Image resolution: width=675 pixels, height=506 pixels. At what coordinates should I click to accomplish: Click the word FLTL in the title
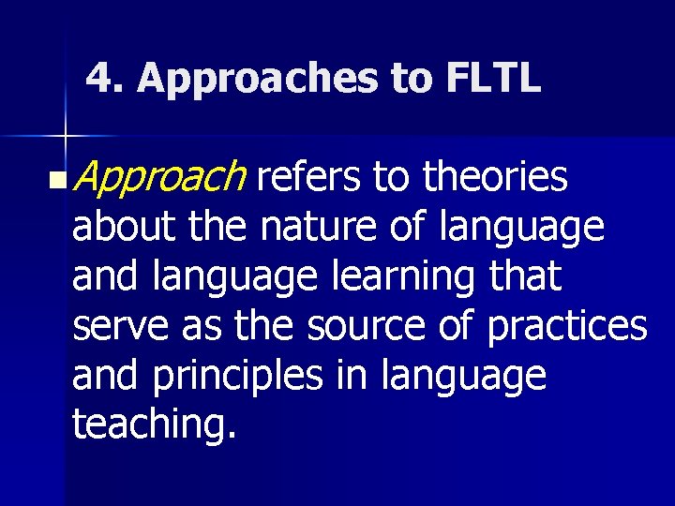click(493, 79)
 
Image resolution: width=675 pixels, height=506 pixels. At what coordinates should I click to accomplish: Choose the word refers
click(308, 176)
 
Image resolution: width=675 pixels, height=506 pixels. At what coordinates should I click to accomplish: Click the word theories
click(495, 176)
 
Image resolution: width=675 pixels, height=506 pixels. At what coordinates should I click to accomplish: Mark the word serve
click(119, 327)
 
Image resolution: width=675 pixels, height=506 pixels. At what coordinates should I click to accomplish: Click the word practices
click(567, 327)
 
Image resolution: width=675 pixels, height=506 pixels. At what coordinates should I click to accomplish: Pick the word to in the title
click(410, 80)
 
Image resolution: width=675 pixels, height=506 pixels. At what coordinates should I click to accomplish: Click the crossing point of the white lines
click(65, 137)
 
